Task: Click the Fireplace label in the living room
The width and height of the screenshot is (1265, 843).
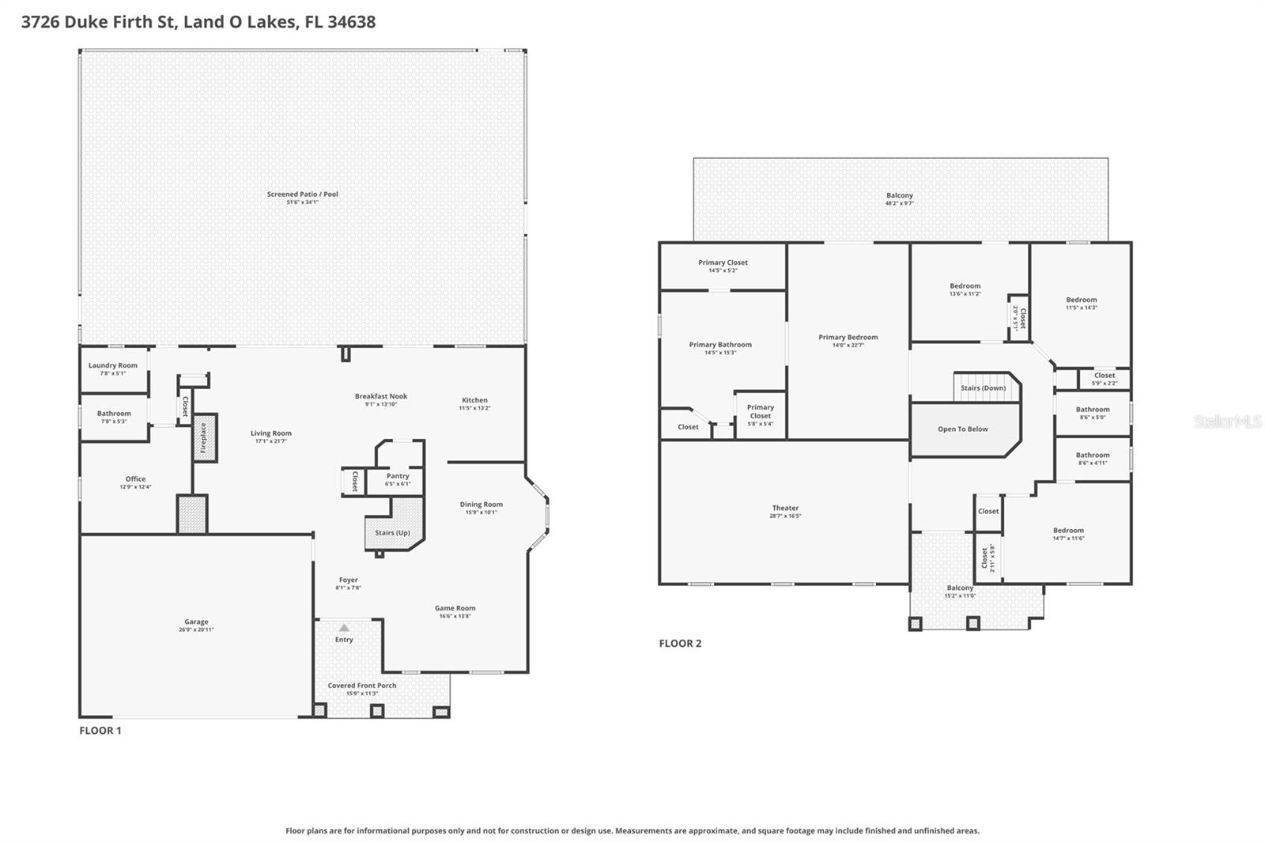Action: (x=203, y=437)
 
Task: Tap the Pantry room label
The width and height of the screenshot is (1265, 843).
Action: (x=398, y=476)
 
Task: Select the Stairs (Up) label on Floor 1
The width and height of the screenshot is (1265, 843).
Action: (x=392, y=533)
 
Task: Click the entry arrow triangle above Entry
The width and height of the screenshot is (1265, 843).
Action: (x=344, y=627)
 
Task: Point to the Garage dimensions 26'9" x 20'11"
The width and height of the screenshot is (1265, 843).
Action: (x=196, y=630)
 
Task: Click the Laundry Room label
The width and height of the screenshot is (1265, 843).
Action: (x=113, y=365)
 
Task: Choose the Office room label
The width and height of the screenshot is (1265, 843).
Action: (x=135, y=478)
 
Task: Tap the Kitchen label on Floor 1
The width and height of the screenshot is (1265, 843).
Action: (x=474, y=400)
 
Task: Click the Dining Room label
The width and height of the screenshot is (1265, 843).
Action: (x=481, y=505)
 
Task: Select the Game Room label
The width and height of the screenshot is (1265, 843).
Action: (x=455, y=608)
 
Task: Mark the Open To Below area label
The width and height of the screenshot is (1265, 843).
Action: (x=962, y=429)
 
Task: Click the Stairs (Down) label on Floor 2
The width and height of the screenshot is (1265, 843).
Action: (x=983, y=388)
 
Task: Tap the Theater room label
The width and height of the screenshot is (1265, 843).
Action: (x=785, y=508)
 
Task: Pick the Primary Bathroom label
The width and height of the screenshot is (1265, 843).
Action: (x=720, y=345)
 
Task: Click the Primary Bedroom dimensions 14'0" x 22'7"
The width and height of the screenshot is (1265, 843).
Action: (x=848, y=346)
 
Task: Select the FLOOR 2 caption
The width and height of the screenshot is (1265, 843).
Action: (x=680, y=643)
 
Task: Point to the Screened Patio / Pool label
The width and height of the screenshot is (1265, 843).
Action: (x=302, y=194)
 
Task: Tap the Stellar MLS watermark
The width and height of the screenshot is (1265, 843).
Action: (x=1228, y=421)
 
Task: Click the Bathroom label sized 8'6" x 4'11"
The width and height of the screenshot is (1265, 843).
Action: (x=1093, y=455)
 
